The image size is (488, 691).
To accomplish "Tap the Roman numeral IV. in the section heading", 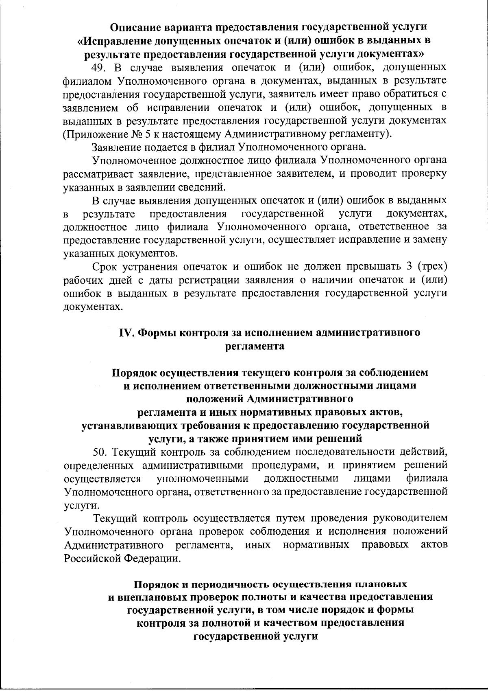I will [x=126, y=333].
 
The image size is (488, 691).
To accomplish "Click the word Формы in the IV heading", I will [x=157, y=333].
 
